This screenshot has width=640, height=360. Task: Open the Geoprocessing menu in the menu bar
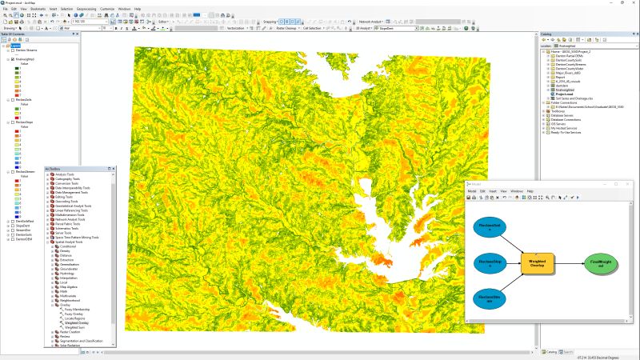pyautogui.click(x=86, y=9)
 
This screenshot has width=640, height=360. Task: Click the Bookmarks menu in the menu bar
pyautogui.click(x=37, y=9)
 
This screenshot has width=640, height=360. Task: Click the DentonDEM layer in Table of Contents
pyautogui.click(x=23, y=238)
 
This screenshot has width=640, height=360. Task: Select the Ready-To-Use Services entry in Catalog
pyautogui.click(x=569, y=133)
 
